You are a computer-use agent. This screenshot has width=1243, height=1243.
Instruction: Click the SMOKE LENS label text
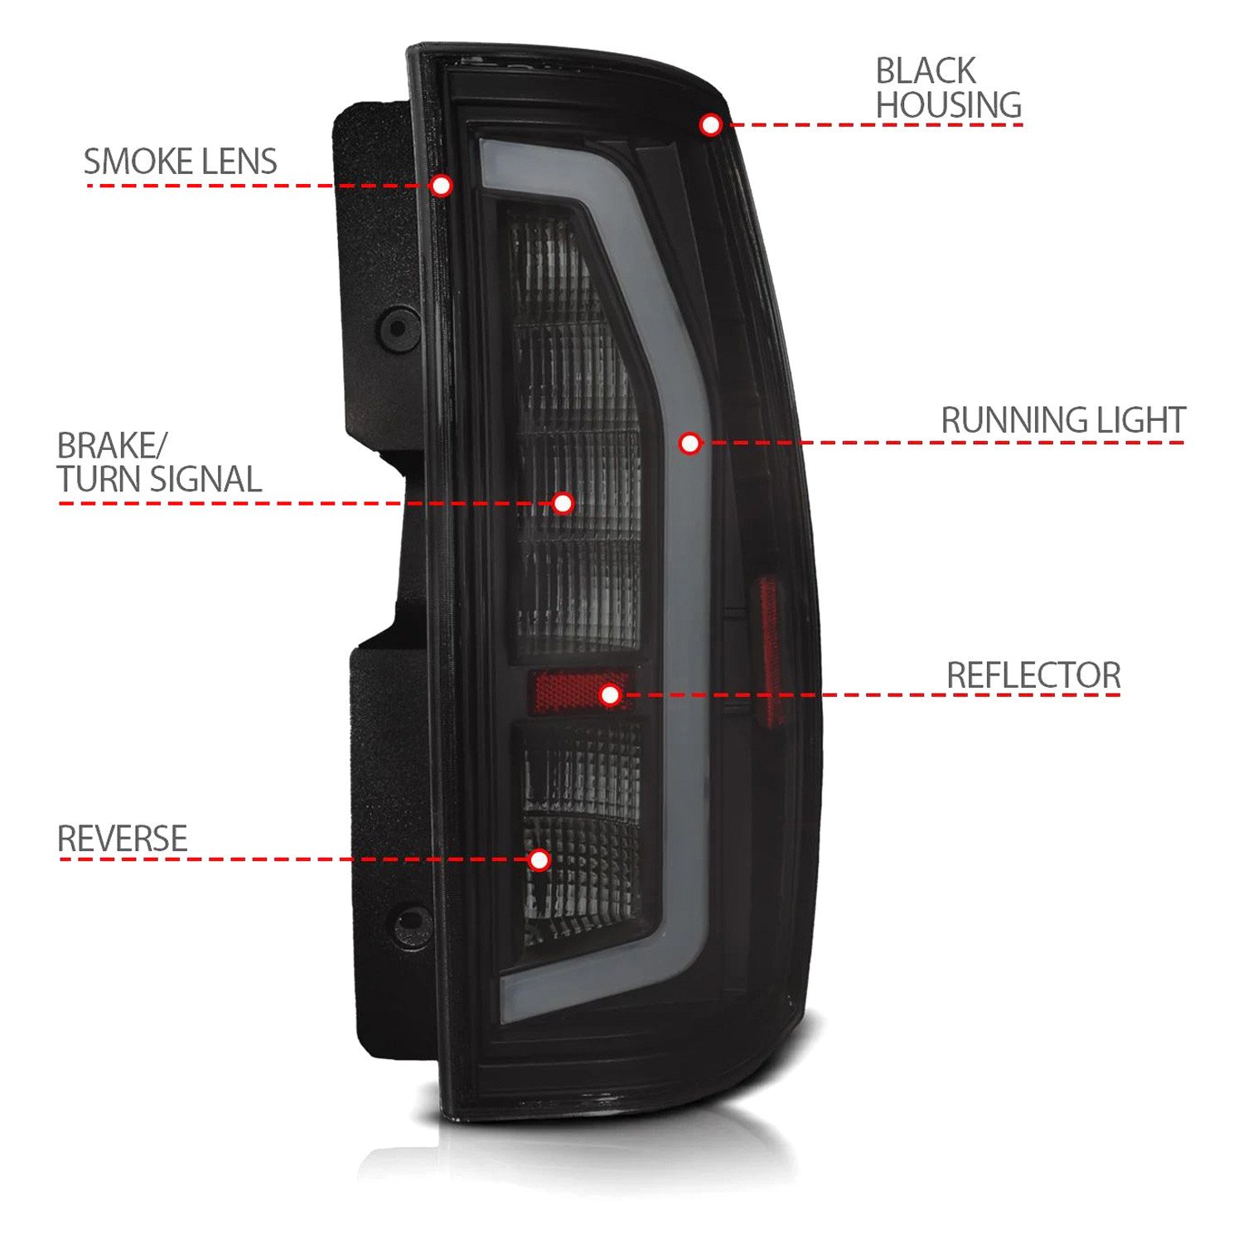pyautogui.click(x=180, y=162)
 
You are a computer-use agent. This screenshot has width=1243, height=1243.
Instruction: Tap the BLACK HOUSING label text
pyautogui.click(x=948, y=88)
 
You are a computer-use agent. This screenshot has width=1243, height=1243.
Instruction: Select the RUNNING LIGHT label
pyautogui.click(x=1062, y=420)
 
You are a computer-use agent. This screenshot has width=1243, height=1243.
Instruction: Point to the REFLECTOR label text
pyautogui.click(x=1033, y=675)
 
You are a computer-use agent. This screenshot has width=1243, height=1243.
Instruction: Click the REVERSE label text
pyautogui.click(x=122, y=839)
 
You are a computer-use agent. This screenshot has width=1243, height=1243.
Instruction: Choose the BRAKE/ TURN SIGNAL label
pyautogui.click(x=159, y=462)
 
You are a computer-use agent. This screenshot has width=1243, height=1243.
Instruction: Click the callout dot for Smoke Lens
pyautogui.click(x=442, y=185)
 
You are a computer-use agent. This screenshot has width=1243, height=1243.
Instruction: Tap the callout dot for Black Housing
pyautogui.click(x=710, y=124)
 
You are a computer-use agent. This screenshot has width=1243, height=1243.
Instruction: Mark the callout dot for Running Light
pyautogui.click(x=689, y=443)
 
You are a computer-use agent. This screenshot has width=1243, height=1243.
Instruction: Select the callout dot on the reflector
pyautogui.click(x=610, y=694)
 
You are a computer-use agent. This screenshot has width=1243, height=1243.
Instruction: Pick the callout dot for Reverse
pyautogui.click(x=539, y=859)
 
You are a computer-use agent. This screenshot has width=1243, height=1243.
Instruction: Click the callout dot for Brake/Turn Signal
pyautogui.click(x=563, y=503)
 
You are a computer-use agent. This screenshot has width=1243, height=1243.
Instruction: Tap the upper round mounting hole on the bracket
pyautogui.click(x=399, y=327)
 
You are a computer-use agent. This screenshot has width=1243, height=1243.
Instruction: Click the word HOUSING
pyautogui.click(x=948, y=105)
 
